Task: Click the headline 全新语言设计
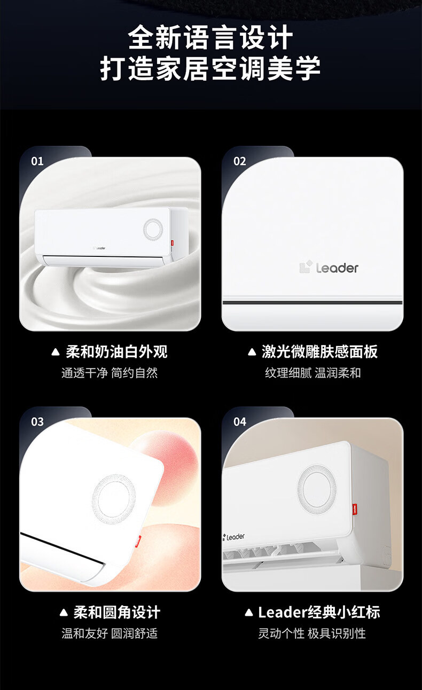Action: point(210,37)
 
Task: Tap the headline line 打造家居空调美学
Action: point(210,68)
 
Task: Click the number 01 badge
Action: point(37,161)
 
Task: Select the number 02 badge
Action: point(240,161)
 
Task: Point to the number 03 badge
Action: point(37,422)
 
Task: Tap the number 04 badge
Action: point(240,422)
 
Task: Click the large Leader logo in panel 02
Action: point(329,268)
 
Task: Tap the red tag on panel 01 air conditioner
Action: point(172,243)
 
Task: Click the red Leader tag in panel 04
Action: point(355,509)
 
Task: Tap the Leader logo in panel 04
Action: point(233,537)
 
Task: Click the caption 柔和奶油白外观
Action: point(116,351)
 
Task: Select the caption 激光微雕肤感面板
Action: point(320,351)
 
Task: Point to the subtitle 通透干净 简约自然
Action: point(110,373)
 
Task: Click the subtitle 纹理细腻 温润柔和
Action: point(312,373)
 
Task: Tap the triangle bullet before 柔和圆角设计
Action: point(64,613)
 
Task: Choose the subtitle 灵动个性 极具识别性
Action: point(312,633)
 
